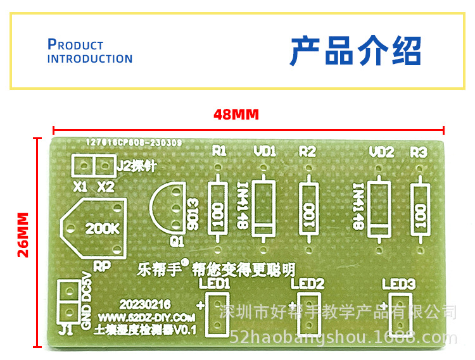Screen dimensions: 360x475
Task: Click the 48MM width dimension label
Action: point(236,115)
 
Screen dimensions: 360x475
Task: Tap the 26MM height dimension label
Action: point(23,234)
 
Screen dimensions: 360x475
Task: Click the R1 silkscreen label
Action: point(219,151)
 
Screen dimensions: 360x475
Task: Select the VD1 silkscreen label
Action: point(265,151)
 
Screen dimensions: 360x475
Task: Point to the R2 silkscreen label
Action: point(307,151)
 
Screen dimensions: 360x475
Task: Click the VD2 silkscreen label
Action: point(381,152)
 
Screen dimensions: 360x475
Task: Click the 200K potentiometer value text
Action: point(101,228)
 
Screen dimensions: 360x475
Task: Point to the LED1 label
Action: point(214,283)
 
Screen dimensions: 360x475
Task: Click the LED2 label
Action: point(308,283)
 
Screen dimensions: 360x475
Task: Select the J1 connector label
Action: point(65,329)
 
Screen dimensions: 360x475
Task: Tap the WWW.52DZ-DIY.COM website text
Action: point(146,317)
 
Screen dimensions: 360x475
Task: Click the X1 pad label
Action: point(80,187)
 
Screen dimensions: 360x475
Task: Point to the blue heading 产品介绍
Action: point(355,51)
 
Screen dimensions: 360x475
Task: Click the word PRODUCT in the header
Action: point(75,45)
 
